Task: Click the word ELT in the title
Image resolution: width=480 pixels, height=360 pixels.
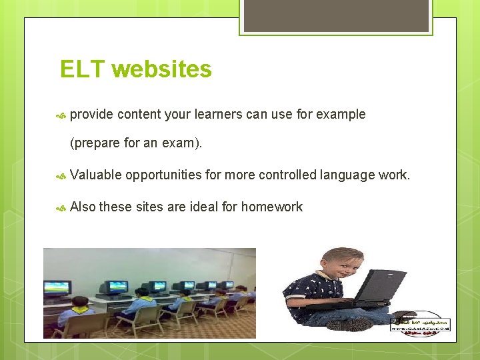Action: click(x=83, y=69)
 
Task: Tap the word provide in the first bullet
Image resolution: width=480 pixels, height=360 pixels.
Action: click(x=92, y=115)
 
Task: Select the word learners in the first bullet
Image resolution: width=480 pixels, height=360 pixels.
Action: click(x=218, y=115)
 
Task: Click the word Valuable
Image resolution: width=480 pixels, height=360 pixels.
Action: click(x=95, y=175)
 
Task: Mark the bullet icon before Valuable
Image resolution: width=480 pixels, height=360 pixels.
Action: click(x=60, y=175)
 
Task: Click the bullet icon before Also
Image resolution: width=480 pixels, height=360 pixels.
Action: click(x=60, y=207)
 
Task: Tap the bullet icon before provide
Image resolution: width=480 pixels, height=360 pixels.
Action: click(x=60, y=115)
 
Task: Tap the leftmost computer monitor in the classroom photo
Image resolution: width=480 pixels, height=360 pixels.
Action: click(x=57, y=288)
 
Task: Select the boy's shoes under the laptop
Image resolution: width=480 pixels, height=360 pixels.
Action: click(x=353, y=323)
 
